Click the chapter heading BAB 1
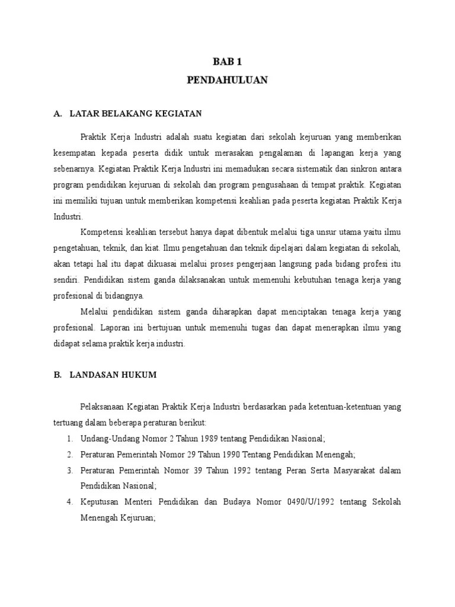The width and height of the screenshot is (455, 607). pyautogui.click(x=227, y=61)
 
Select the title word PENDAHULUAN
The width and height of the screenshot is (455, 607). pyautogui.click(x=227, y=80)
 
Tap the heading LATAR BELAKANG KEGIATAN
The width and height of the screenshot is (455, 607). pyautogui.click(x=136, y=113)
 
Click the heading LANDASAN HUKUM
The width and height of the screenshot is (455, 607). pyautogui.click(x=113, y=375)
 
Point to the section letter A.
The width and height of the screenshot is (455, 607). pyautogui.click(x=57, y=113)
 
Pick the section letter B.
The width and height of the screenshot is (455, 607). pyautogui.click(x=57, y=375)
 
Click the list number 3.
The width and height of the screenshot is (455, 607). pyautogui.click(x=69, y=471)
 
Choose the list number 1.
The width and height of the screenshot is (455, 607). pyautogui.click(x=69, y=439)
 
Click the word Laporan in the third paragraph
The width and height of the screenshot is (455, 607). pyautogui.click(x=116, y=327)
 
